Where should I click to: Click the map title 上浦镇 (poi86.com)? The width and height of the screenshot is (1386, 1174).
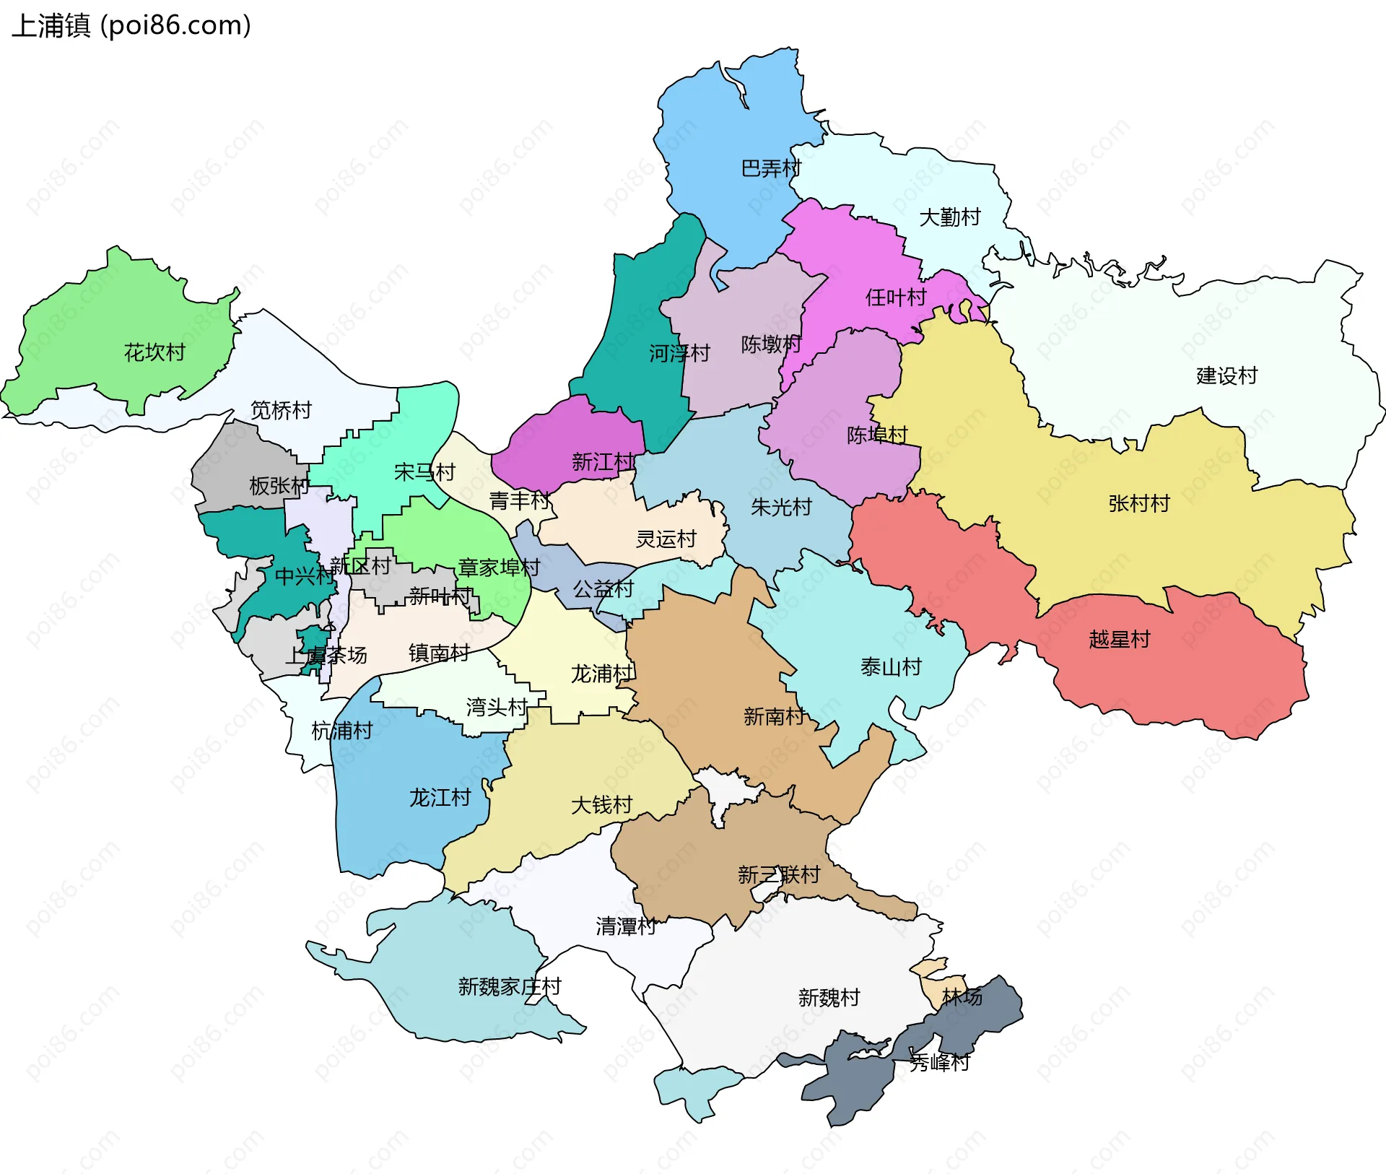[x=131, y=25]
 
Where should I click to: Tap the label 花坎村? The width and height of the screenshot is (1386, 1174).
[x=154, y=352]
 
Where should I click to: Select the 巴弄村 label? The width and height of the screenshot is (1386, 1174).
[x=771, y=168]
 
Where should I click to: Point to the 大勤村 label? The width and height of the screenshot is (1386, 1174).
[x=949, y=217]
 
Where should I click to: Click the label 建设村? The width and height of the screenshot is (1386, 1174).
[x=1226, y=375]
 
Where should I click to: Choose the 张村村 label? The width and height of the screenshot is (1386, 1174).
[x=1138, y=503]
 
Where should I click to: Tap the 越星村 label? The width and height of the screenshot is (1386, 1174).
[x=1119, y=639]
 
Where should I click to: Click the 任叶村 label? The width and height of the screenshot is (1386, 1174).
[x=895, y=297]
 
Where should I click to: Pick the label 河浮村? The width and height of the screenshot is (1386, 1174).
[x=679, y=353]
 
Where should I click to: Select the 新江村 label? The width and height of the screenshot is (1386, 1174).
[x=603, y=461]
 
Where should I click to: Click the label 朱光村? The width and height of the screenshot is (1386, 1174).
[x=781, y=507]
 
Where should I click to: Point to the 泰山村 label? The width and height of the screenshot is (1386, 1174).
[x=891, y=666]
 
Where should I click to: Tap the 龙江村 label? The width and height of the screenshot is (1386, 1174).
[x=440, y=797]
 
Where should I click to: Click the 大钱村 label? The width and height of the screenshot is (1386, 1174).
[x=601, y=804]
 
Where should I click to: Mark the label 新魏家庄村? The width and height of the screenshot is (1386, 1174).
[x=509, y=986]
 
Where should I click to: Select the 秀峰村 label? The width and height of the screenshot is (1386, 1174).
[x=939, y=1062]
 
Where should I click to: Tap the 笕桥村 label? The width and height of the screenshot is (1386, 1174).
[x=281, y=410]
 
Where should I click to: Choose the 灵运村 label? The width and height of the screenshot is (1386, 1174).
[x=666, y=539]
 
